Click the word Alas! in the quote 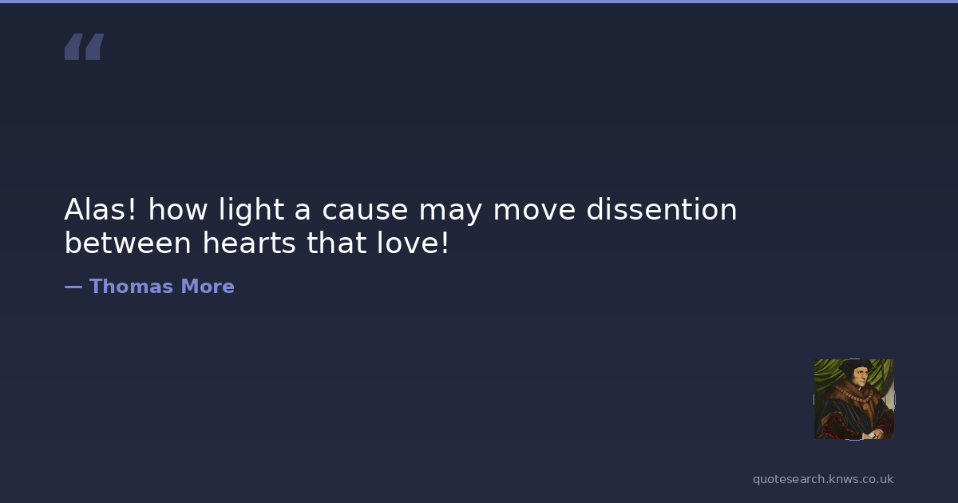tap(100, 209)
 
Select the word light tap(251, 211)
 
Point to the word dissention tap(662, 209)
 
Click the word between tap(128, 243)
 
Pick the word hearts tap(249, 243)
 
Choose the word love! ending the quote tap(413, 243)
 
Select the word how tap(177, 209)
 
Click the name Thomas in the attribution tap(131, 286)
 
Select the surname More tap(208, 286)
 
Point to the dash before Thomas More tap(73, 287)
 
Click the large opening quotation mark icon tap(84, 46)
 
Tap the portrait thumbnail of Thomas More tap(854, 399)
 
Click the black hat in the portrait tap(856, 366)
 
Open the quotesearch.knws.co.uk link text tap(823, 480)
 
